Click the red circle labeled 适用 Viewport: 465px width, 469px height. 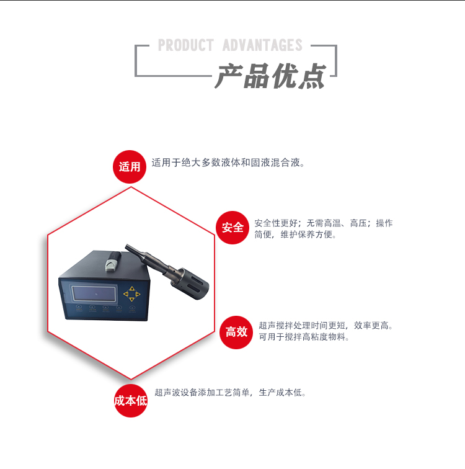(130, 166)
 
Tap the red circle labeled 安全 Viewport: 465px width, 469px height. (232, 228)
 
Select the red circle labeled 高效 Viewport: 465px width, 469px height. (236, 332)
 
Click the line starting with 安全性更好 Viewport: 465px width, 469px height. (323, 223)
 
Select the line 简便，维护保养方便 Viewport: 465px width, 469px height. (295, 235)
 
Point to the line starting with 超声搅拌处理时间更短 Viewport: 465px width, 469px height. (326, 325)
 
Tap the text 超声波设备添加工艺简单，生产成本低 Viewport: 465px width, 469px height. (230, 393)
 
